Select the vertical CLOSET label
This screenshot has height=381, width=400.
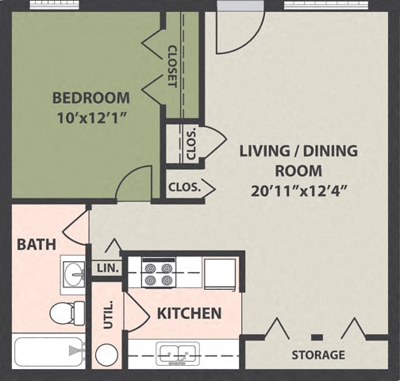coord(172,65)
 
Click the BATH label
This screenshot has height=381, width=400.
coord(37,244)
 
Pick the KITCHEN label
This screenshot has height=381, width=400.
coord(189,314)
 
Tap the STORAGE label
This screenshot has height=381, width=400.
coord(317,355)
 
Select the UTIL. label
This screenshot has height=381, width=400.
coord(108,315)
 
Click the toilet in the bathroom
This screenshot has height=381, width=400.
coord(67,312)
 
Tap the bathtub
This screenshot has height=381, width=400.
coord(48,351)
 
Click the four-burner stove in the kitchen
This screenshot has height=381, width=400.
coord(158,273)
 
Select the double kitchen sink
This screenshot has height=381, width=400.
coord(177,352)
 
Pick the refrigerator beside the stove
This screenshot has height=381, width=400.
coord(220,273)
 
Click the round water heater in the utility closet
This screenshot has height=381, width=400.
coord(106,354)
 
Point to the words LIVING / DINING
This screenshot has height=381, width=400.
coord(298,151)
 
